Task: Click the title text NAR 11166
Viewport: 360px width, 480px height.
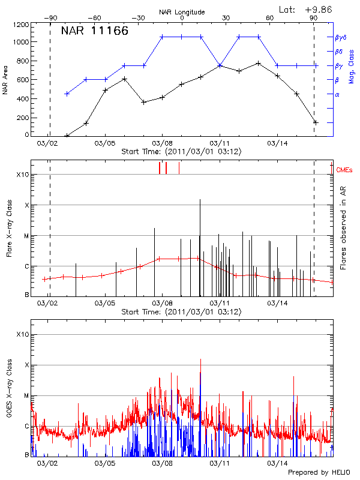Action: click(95, 31)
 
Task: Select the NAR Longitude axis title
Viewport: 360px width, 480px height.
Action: click(182, 11)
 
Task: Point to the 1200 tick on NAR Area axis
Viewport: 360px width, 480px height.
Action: click(21, 25)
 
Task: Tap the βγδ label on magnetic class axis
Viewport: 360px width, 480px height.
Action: click(341, 37)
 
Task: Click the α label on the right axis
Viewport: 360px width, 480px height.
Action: click(337, 94)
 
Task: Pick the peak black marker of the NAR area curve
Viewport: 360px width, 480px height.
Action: click(258, 63)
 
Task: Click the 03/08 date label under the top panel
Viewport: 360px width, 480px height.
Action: click(163, 144)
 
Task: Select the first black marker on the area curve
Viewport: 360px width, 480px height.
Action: click(67, 136)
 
